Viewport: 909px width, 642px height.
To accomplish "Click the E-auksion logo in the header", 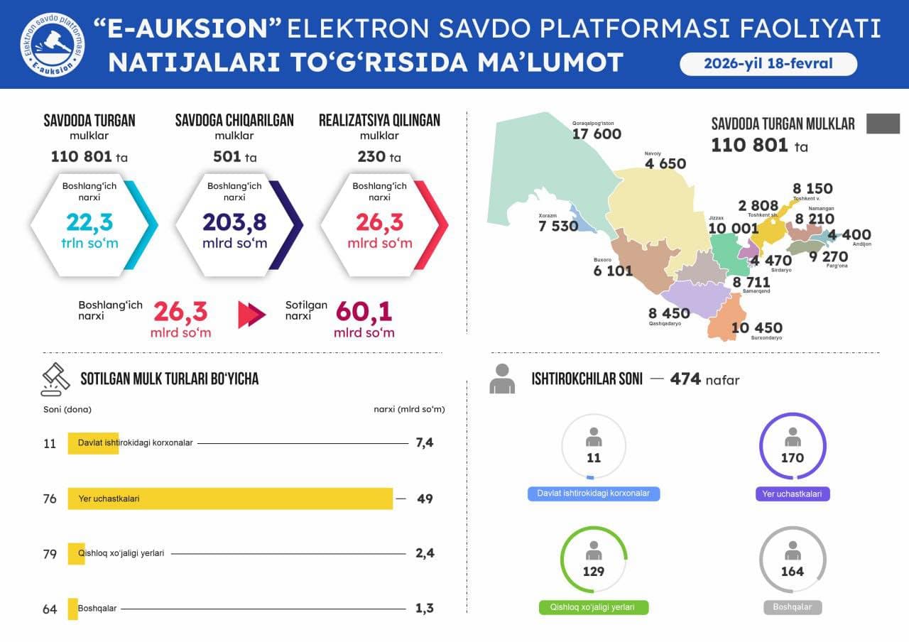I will click(52, 45).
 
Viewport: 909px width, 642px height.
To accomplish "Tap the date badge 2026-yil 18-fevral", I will click(768, 64).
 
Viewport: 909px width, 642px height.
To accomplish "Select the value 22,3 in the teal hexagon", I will click(89, 222).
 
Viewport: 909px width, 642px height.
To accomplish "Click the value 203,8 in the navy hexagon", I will click(234, 222).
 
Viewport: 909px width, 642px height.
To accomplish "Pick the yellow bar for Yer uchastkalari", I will click(230, 499).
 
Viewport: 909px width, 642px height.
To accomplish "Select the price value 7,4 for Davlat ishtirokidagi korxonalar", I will click(425, 443).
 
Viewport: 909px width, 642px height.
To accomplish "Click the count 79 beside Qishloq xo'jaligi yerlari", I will click(50, 554).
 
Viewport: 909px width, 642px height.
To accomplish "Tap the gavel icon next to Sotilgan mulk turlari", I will click(55, 379).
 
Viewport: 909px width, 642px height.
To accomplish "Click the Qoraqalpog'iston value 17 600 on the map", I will click(597, 134).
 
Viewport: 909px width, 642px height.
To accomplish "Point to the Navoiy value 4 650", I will click(665, 164).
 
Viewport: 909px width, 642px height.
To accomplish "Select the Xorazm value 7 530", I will click(559, 227).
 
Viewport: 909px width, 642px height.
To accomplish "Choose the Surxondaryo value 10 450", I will click(757, 328).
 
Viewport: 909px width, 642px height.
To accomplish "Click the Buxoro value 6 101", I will click(613, 271).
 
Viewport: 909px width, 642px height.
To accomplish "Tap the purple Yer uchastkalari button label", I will click(793, 494).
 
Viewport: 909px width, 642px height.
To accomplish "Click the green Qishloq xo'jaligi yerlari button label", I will click(594, 608).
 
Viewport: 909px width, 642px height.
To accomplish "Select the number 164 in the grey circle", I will click(793, 572).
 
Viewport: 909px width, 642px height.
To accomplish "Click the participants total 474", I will click(685, 379).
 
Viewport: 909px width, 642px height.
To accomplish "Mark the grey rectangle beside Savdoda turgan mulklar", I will click(883, 123).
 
